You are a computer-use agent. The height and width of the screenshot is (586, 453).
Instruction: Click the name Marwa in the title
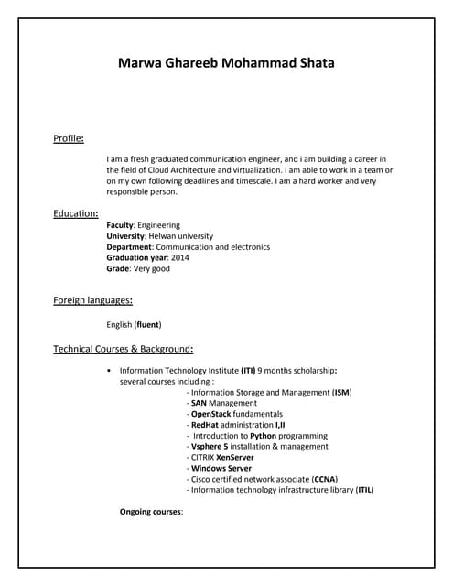tap(142, 63)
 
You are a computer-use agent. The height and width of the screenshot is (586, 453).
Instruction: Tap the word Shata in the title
tap(313, 63)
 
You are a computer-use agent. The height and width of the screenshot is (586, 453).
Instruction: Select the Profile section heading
tap(68, 138)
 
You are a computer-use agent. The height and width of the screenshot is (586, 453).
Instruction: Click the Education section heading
tap(75, 213)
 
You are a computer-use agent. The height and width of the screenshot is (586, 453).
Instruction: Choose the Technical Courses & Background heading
tap(123, 349)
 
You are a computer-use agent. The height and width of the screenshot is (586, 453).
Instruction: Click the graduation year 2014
tap(179, 258)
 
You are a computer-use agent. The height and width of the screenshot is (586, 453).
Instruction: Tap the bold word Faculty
tap(120, 225)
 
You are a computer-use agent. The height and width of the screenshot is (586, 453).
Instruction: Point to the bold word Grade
tap(118, 269)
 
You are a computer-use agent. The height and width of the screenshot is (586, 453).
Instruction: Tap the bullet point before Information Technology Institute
tap(110, 371)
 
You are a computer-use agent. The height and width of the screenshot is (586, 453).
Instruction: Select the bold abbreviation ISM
tap(341, 393)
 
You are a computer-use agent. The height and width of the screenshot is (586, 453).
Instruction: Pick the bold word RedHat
tap(204, 425)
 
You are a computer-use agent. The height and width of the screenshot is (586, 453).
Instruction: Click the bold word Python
tap(264, 436)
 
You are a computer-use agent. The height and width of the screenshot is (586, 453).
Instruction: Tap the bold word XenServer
tap(235, 457)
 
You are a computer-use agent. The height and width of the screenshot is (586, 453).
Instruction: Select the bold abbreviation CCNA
tap(324, 479)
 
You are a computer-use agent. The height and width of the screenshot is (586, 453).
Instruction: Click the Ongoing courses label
tap(151, 511)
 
